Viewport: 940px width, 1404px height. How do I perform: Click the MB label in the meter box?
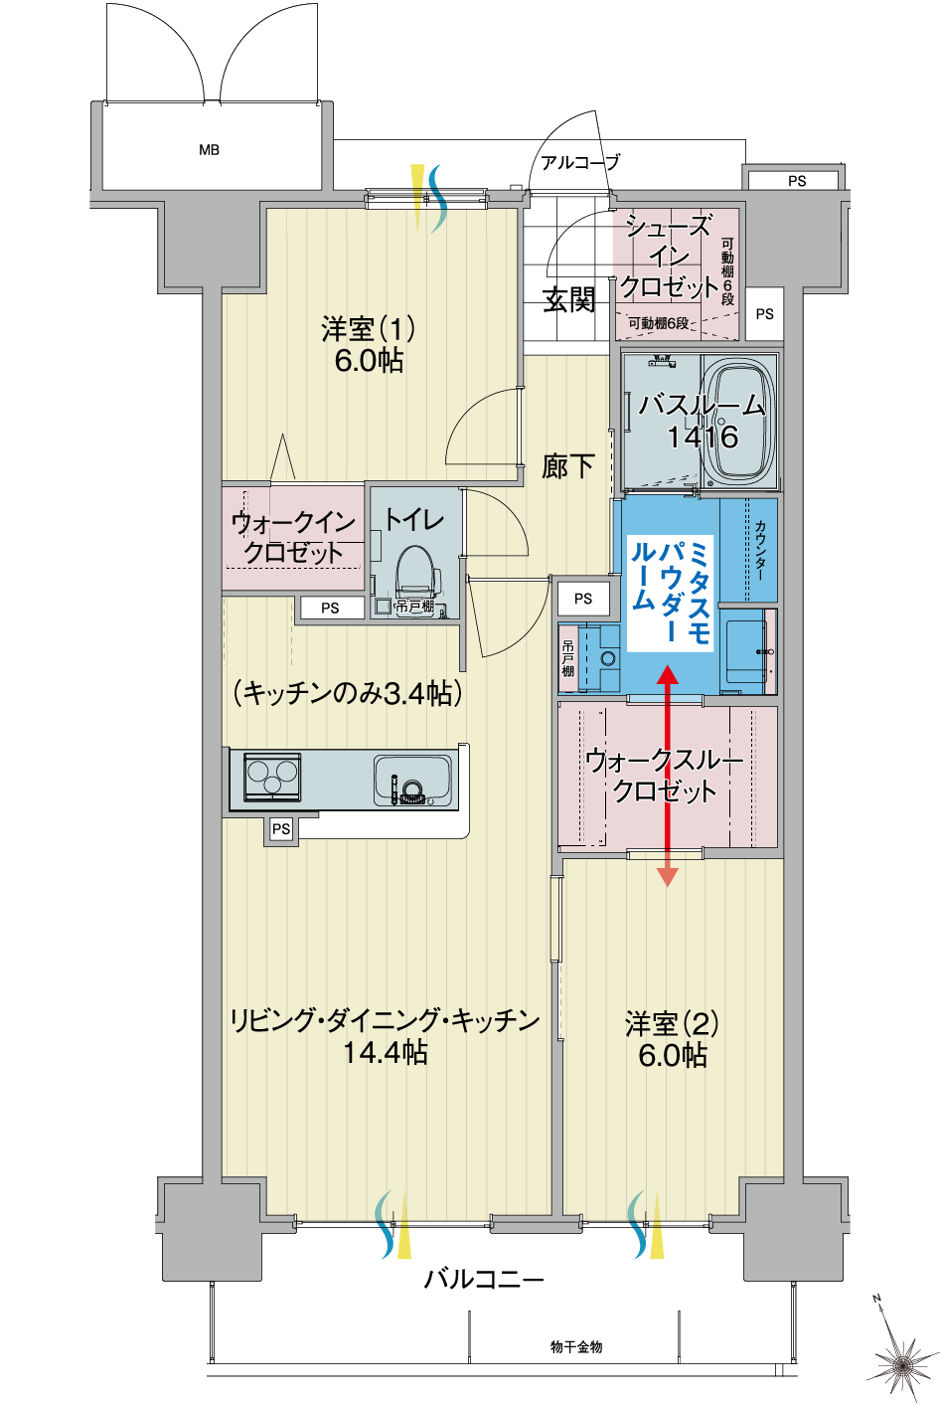click(x=210, y=150)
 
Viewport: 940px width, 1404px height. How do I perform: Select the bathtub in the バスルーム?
click(x=739, y=421)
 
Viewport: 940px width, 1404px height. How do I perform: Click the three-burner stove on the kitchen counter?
click(x=271, y=777)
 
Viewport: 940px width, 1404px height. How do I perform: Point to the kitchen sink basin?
click(x=412, y=781)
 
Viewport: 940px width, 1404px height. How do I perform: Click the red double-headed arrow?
click(x=668, y=777)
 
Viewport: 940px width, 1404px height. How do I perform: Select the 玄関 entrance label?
click(x=568, y=299)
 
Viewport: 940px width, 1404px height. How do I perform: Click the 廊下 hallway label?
click(x=567, y=466)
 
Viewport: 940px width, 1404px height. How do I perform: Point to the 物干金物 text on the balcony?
click(x=576, y=1346)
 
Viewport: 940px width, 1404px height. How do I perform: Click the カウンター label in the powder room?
click(x=759, y=550)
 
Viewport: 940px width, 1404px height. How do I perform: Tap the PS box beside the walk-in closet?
click(x=330, y=608)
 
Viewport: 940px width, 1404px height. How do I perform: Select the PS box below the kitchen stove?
click(x=281, y=829)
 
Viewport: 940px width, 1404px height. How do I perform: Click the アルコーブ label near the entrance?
click(x=580, y=163)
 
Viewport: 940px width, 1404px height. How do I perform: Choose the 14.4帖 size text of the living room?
click(x=386, y=1052)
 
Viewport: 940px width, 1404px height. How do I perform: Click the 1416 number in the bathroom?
click(x=704, y=437)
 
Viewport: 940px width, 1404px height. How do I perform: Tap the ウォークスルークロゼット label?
click(x=665, y=776)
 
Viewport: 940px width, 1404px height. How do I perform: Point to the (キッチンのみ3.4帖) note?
click(x=348, y=693)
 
